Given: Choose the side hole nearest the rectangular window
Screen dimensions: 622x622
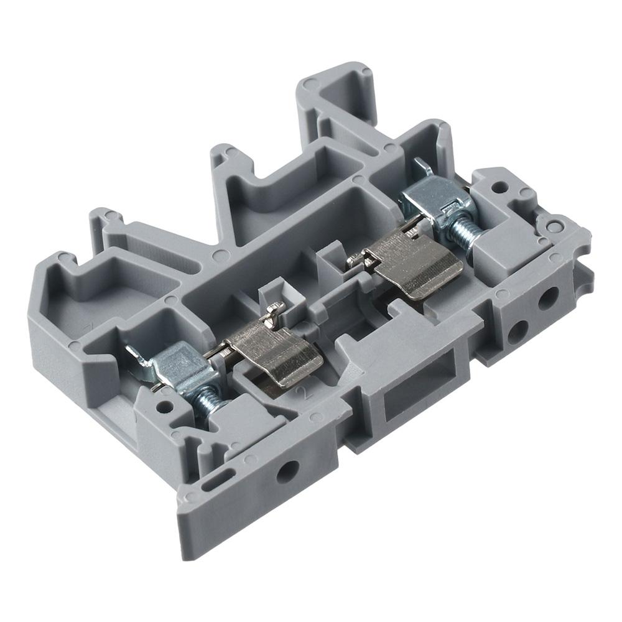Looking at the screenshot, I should [517, 330].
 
